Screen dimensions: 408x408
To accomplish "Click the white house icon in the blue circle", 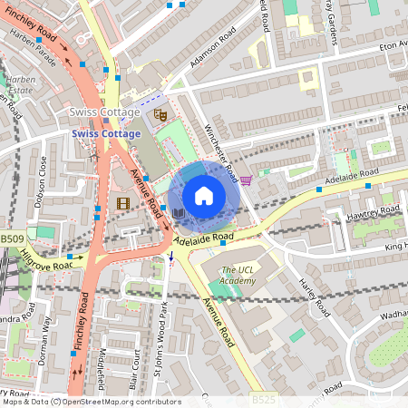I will coord(204,195).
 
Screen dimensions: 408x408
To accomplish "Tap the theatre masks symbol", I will coord(160,115).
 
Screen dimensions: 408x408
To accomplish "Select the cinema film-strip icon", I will coord(122,203).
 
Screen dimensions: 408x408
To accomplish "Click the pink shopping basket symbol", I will coord(246,180).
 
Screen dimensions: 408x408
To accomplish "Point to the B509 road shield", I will coord(12,238).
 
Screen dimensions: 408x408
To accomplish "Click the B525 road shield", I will coord(261,399).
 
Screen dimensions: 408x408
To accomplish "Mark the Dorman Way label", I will coord(42,337).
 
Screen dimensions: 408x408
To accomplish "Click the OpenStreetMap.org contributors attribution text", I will coord(121,402).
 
